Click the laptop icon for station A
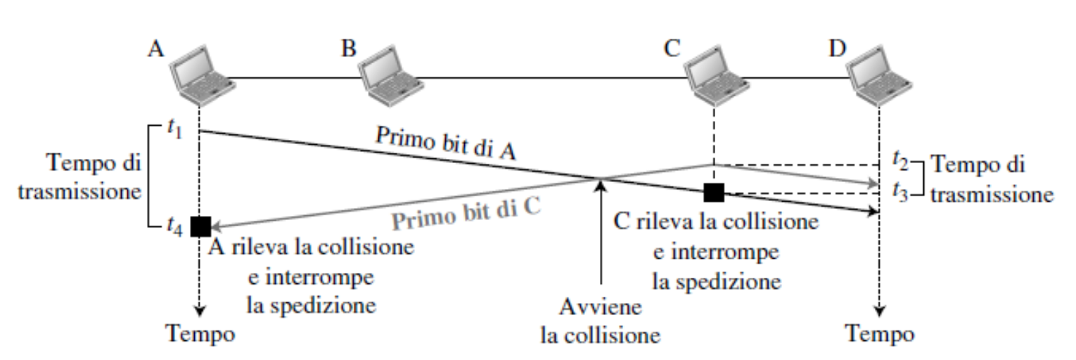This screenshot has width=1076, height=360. point(203,75)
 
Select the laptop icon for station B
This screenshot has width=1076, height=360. point(390,75)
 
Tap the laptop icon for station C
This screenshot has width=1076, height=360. point(717,75)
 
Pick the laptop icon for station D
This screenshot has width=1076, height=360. point(879,75)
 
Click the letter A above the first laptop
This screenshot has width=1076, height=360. point(155,49)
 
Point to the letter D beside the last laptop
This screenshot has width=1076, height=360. point(838,48)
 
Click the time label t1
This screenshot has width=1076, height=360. point(175,129)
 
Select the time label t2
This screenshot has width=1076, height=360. point(901,160)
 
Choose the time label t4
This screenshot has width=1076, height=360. point(175,226)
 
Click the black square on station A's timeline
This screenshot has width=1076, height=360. point(201,226)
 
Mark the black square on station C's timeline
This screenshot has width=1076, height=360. point(714,193)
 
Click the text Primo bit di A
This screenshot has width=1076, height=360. point(446,143)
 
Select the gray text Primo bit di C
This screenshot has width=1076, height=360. point(466,214)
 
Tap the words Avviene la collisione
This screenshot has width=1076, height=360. point(601,321)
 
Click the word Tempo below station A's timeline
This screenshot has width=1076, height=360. point(200,333)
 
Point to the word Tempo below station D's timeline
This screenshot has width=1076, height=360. point(880,333)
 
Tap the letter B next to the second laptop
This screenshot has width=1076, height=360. point(349,49)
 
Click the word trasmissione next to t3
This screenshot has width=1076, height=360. point(992,195)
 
